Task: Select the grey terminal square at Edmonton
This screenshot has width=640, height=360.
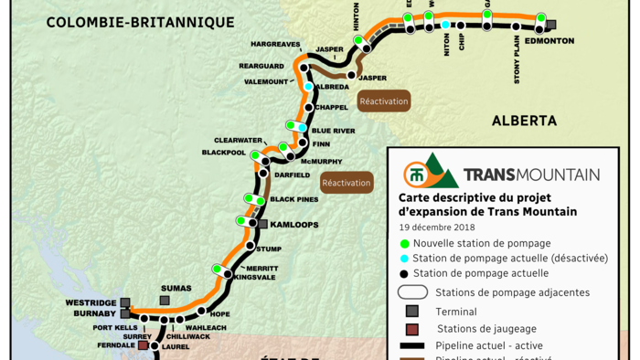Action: coord(550,26)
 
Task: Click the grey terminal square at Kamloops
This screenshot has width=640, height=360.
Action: coord(262,224)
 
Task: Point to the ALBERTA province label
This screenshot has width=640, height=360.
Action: coord(524,121)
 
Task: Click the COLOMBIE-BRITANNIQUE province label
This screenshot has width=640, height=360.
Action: coord(141,22)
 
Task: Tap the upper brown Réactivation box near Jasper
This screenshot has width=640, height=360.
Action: coord(384,101)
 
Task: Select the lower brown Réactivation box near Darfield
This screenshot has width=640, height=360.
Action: coord(347,183)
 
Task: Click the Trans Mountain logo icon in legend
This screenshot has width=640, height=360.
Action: coord(430,172)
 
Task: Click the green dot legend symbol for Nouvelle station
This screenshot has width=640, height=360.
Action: coord(404,243)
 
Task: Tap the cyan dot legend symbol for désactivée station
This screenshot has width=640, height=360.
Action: coord(404,259)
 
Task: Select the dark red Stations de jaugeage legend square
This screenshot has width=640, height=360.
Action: coord(412,329)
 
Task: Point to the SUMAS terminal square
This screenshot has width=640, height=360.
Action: coord(165,300)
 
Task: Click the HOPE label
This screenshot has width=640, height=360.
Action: coord(219,314)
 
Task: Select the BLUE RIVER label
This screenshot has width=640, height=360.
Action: coord(333,131)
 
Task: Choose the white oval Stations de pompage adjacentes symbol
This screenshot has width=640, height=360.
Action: coord(412,292)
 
